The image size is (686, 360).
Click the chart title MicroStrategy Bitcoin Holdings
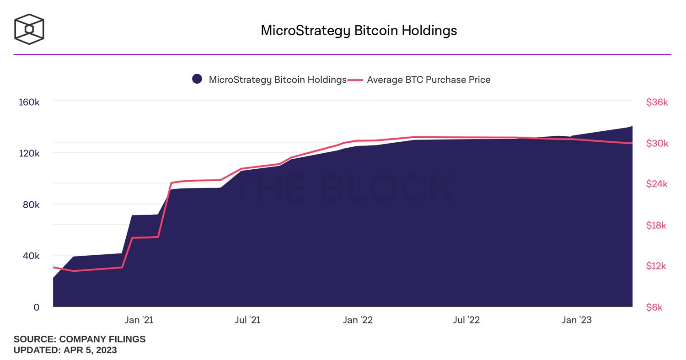click(x=359, y=31)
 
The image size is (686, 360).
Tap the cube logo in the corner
click(x=29, y=29)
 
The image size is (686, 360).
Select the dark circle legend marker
click(x=197, y=79)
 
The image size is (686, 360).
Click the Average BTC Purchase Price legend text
click(x=429, y=80)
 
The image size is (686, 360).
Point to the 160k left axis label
click(x=29, y=102)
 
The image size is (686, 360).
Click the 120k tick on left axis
click(x=29, y=153)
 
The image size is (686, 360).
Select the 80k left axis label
click(x=31, y=204)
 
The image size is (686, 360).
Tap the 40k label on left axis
click(x=31, y=256)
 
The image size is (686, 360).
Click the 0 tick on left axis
click(x=37, y=307)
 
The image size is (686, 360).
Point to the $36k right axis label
click(x=657, y=102)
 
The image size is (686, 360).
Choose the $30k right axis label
click(x=657, y=144)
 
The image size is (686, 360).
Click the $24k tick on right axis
click(x=657, y=184)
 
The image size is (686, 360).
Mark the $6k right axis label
click(x=654, y=307)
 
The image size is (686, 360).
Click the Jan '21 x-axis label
click(x=139, y=320)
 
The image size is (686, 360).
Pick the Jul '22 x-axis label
click(x=466, y=320)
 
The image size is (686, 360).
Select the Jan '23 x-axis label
click(x=576, y=320)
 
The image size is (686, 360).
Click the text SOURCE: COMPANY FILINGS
click(x=80, y=339)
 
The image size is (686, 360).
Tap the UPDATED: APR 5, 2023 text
click(x=65, y=350)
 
